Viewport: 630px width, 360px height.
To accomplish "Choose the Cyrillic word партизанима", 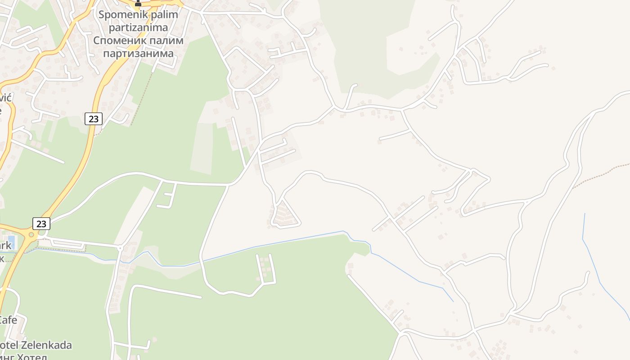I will [x=138, y=54].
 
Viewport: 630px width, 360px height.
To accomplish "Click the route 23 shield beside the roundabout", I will [x=41, y=223].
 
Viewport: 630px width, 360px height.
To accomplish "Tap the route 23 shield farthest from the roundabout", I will [x=93, y=119].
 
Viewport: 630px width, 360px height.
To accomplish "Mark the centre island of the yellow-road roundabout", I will [x=31, y=234].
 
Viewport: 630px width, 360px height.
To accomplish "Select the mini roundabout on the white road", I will [x=120, y=248].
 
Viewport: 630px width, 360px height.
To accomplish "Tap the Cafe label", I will [x=8, y=320].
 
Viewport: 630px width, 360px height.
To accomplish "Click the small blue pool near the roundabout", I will [x=11, y=242].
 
